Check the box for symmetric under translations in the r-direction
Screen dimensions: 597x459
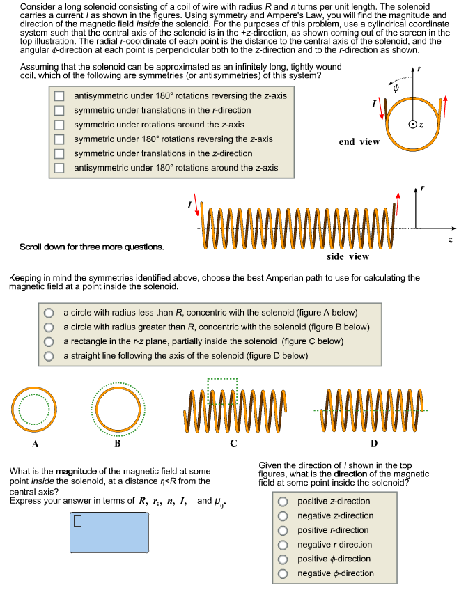point(60,110)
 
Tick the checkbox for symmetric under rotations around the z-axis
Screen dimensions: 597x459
point(60,125)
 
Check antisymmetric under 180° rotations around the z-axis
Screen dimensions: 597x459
point(60,168)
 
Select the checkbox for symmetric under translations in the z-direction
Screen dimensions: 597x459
point(60,153)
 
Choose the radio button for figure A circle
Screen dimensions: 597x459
point(49,313)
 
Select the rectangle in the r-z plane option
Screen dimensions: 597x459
point(49,341)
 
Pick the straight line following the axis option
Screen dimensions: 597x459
point(49,356)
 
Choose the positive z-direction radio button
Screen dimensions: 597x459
point(283,502)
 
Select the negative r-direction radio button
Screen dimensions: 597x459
point(283,545)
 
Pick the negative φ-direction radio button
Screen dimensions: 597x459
point(283,574)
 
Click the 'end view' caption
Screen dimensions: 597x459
point(359,142)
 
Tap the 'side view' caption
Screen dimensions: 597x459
point(348,256)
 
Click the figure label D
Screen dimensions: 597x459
point(374,443)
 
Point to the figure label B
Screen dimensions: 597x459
point(117,443)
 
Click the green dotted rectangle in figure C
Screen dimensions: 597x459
point(223,380)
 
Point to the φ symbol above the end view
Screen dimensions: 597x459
point(395,89)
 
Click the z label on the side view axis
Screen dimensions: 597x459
point(451,240)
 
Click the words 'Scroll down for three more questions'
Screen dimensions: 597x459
point(92,247)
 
